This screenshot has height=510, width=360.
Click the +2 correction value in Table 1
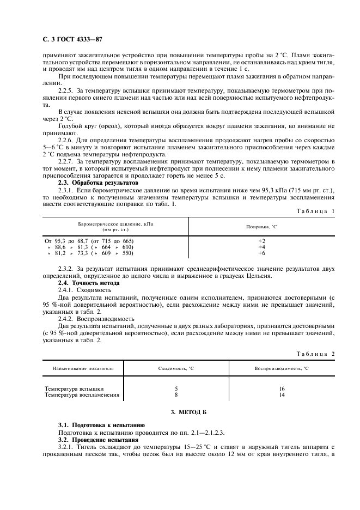coord(261,240)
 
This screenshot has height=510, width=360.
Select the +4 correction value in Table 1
coord(261,247)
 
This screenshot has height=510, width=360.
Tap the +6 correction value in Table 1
coord(261,253)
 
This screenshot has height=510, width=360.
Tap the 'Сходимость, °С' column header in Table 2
coord(176,368)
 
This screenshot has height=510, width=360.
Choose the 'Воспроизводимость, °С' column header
coord(281,368)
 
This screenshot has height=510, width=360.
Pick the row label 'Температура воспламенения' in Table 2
coord(82,394)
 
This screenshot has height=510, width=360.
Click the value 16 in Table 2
coord(281,388)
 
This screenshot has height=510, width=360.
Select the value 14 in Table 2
coord(281,394)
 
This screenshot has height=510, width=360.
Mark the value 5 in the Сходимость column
coord(176,388)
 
